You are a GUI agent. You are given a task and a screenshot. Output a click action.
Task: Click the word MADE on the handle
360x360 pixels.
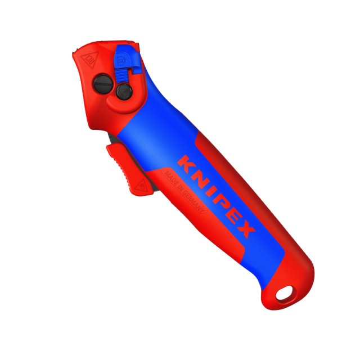(170, 179)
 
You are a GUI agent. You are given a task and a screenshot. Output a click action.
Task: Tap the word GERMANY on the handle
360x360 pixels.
(195, 203)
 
